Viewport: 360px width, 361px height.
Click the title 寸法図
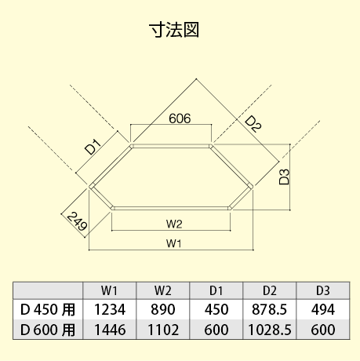[x=174, y=30]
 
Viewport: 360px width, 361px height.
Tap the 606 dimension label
[x=180, y=119]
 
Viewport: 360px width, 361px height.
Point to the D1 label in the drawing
[x=93, y=148]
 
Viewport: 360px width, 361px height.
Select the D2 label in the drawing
[x=253, y=124]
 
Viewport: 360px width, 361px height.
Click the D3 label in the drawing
[x=284, y=177]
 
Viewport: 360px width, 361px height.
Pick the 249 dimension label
[x=77, y=221]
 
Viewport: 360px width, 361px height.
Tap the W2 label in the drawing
[x=174, y=224]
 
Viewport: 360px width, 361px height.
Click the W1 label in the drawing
[x=174, y=243]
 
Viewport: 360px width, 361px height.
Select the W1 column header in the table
[x=110, y=290]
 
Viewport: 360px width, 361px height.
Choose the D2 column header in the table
[x=270, y=290]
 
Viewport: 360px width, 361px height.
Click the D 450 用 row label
[x=48, y=310]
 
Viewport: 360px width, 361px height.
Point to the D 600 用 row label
[x=48, y=330]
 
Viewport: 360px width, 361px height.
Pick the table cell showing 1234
[x=110, y=310]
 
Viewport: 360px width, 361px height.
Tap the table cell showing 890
[x=163, y=310]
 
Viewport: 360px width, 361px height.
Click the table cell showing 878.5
[x=269, y=310]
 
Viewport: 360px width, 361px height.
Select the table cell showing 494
[x=323, y=310]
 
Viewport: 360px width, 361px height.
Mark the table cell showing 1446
[x=110, y=330]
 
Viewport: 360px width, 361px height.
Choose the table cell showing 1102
[x=163, y=330]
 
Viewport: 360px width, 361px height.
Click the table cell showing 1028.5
[x=269, y=330]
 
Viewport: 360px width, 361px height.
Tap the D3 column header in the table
[x=323, y=290]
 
